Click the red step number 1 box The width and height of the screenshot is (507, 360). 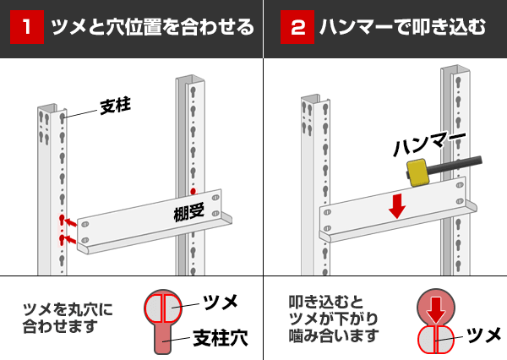point(27,28)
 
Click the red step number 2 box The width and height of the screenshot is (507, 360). point(297,28)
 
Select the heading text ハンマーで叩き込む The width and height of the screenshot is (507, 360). point(402,28)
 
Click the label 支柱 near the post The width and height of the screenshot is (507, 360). point(117,107)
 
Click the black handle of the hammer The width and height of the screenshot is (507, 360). point(455,164)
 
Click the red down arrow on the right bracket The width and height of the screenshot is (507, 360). point(397,205)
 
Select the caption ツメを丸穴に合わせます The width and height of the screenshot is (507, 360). point(68,317)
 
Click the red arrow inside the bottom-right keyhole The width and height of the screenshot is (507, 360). point(436,308)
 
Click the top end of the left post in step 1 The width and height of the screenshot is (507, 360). point(49,111)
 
